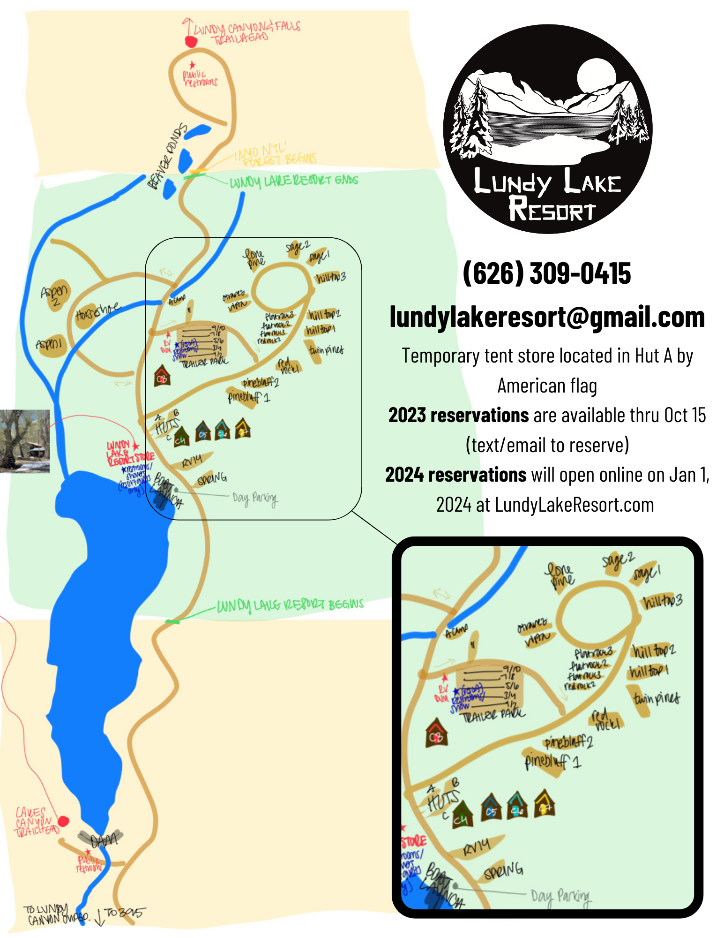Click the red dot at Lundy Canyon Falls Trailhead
191,42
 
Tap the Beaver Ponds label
167,157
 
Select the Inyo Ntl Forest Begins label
275,155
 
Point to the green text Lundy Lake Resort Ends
294,181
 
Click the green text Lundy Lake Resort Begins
290,605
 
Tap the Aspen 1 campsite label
50,344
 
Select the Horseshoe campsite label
97,311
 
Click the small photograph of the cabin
25,441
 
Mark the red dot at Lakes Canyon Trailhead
64,821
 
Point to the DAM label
104,840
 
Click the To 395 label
125,912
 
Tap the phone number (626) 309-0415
546,273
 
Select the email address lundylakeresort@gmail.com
547,318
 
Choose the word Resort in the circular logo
552,209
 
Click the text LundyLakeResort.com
574,505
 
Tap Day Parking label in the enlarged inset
560,896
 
